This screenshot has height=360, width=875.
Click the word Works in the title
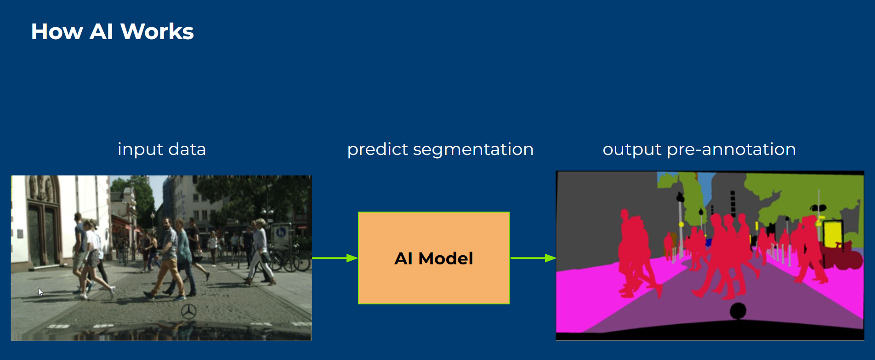[x=157, y=32]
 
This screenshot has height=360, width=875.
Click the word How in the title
[x=57, y=32]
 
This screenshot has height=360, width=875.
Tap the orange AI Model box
[x=434, y=258]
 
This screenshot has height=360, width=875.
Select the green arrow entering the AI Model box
[x=335, y=258]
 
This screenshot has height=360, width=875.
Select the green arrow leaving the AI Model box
[x=533, y=258]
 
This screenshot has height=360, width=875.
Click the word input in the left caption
[x=140, y=149]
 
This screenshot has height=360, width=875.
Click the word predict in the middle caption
[x=377, y=149]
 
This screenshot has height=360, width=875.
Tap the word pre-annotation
[x=731, y=149]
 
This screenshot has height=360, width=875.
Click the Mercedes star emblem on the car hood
[x=188, y=311]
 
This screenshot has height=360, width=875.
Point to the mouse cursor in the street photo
[x=41, y=292]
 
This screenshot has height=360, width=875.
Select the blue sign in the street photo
[x=281, y=232]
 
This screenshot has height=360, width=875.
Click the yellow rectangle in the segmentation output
[x=833, y=234]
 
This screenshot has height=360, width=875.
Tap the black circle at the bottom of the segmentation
[x=738, y=311]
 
